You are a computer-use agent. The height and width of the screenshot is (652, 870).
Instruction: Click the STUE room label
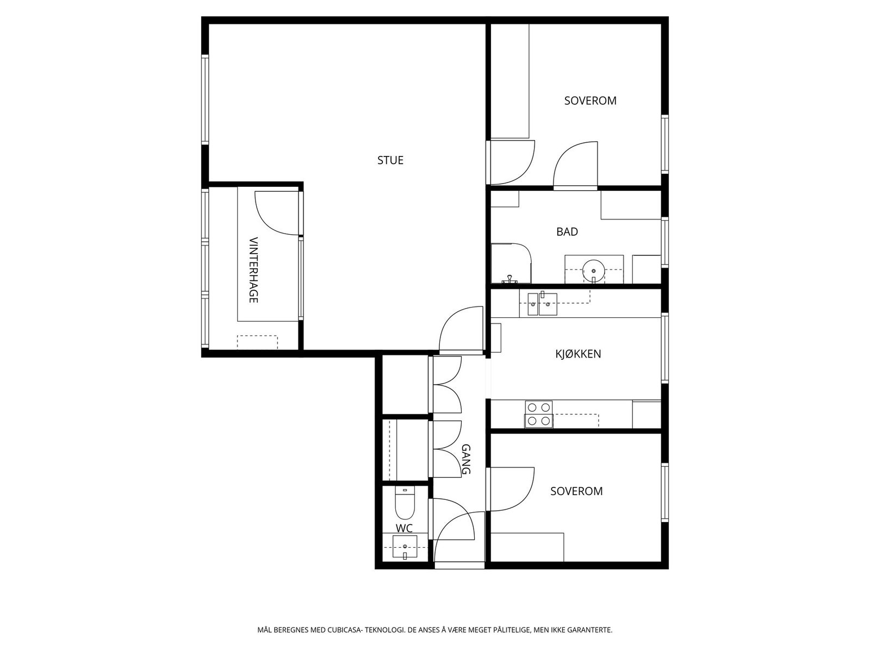point(390,160)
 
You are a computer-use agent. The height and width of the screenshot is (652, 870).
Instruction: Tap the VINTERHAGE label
point(254,269)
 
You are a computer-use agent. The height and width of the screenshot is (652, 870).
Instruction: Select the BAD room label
point(567,231)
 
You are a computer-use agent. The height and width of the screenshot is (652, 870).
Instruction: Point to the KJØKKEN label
point(578,354)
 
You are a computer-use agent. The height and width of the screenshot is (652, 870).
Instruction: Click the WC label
point(404,528)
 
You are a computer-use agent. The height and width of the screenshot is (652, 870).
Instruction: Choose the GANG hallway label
point(466,459)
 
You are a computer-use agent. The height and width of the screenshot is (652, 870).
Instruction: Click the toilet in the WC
point(405,503)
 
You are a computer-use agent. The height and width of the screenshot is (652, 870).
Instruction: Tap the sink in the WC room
point(405,547)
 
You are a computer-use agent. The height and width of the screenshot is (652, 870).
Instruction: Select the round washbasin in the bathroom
point(593,271)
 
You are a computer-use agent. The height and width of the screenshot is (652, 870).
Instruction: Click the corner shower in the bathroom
point(511,264)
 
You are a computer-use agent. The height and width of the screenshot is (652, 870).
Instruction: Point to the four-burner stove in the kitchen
point(539,414)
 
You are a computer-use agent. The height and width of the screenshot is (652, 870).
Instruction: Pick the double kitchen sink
point(542,304)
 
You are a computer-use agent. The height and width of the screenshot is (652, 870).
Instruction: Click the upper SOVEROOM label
point(590,101)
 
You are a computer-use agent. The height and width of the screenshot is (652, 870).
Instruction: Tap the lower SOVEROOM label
point(576,491)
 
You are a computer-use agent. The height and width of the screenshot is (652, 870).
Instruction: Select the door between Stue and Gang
point(461,330)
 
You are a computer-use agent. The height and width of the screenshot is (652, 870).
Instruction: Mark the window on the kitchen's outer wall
point(664,348)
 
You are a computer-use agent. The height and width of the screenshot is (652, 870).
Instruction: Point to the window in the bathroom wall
point(664,242)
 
